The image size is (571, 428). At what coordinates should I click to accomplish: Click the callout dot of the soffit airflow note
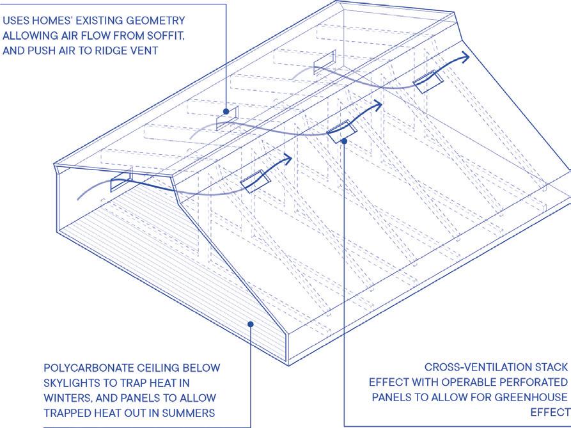pyautogui.click(x=226, y=111)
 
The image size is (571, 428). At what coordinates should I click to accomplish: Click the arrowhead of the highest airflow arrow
pyautogui.click(x=467, y=56)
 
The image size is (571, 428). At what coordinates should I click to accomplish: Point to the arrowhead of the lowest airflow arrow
pyautogui.click(x=289, y=158)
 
